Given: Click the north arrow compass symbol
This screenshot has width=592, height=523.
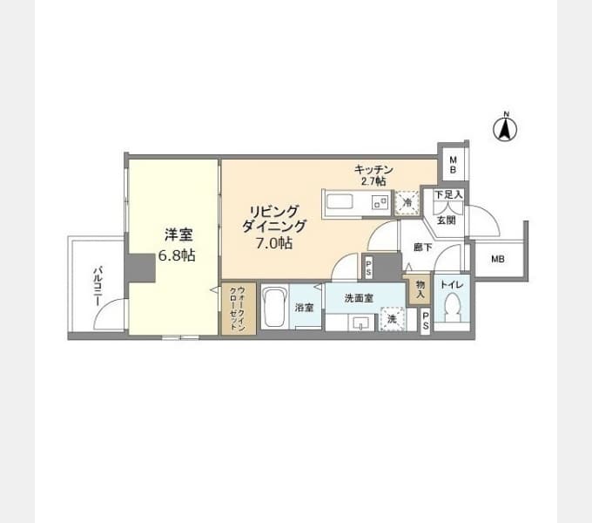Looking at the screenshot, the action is pos(505,127).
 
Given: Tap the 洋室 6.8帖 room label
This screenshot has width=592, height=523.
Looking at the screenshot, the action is pos(177,245).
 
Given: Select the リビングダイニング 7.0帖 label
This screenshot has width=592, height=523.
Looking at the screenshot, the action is pos(274,228).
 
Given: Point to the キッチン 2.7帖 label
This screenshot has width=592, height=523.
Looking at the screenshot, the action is pos(373,175).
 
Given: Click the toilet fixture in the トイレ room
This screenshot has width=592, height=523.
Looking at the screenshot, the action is pos(452,307).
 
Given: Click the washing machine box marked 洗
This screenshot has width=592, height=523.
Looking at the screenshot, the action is pos(393,319).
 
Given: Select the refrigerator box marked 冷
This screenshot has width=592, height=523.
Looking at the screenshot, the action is pos(407,202).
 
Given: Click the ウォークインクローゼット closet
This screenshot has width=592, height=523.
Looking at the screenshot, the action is pos(239,309).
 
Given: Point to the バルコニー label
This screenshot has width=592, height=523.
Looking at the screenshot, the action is pos(98,286).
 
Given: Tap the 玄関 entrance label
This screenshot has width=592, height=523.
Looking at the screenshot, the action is pos(447,220).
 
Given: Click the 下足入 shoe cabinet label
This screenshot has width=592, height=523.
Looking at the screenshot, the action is pos(448,195).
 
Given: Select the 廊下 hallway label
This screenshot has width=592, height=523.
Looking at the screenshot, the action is pos(423,248).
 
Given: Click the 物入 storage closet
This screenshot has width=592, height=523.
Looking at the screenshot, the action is pos(420,289).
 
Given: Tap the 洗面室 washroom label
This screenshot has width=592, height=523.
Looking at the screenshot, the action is pos(359,298).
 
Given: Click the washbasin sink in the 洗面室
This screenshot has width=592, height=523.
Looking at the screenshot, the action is pos(361,323).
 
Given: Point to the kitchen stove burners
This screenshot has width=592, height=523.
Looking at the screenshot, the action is pos(380,202).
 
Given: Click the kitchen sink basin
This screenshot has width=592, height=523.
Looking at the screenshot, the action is pos(340,202).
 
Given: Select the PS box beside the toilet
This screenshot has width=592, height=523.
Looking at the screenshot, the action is pos(426,321).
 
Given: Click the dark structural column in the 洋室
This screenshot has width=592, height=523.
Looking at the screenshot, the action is pos(140,268).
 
